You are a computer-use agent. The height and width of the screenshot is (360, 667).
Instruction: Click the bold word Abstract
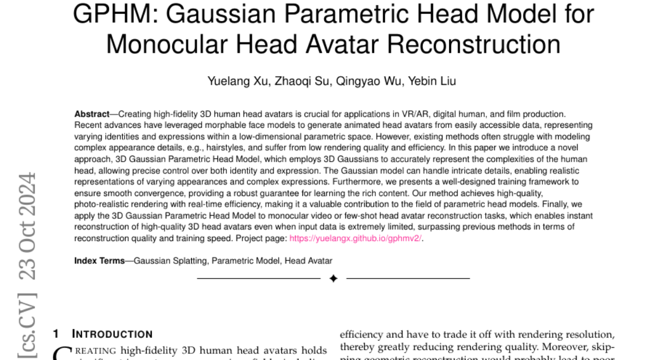(x=92, y=114)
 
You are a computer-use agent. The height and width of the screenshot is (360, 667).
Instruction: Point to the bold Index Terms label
(x=99, y=260)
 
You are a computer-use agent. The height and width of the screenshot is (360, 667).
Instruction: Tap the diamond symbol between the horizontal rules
(x=333, y=278)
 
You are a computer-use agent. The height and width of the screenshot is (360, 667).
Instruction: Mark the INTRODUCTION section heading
(x=112, y=334)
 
